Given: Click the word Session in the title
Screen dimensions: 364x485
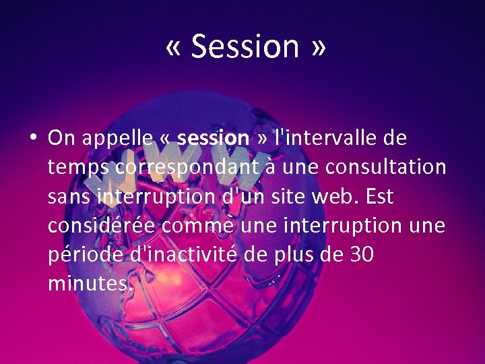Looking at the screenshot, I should (245, 46).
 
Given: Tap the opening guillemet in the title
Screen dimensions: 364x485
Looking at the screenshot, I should (174, 47).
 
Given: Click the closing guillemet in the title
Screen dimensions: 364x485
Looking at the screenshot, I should (318, 47).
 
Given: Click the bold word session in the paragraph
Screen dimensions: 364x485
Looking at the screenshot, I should (213, 138).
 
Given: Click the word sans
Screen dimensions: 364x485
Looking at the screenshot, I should (69, 197).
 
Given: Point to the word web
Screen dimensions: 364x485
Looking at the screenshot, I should (353, 197).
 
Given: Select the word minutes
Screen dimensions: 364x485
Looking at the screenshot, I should (88, 284).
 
